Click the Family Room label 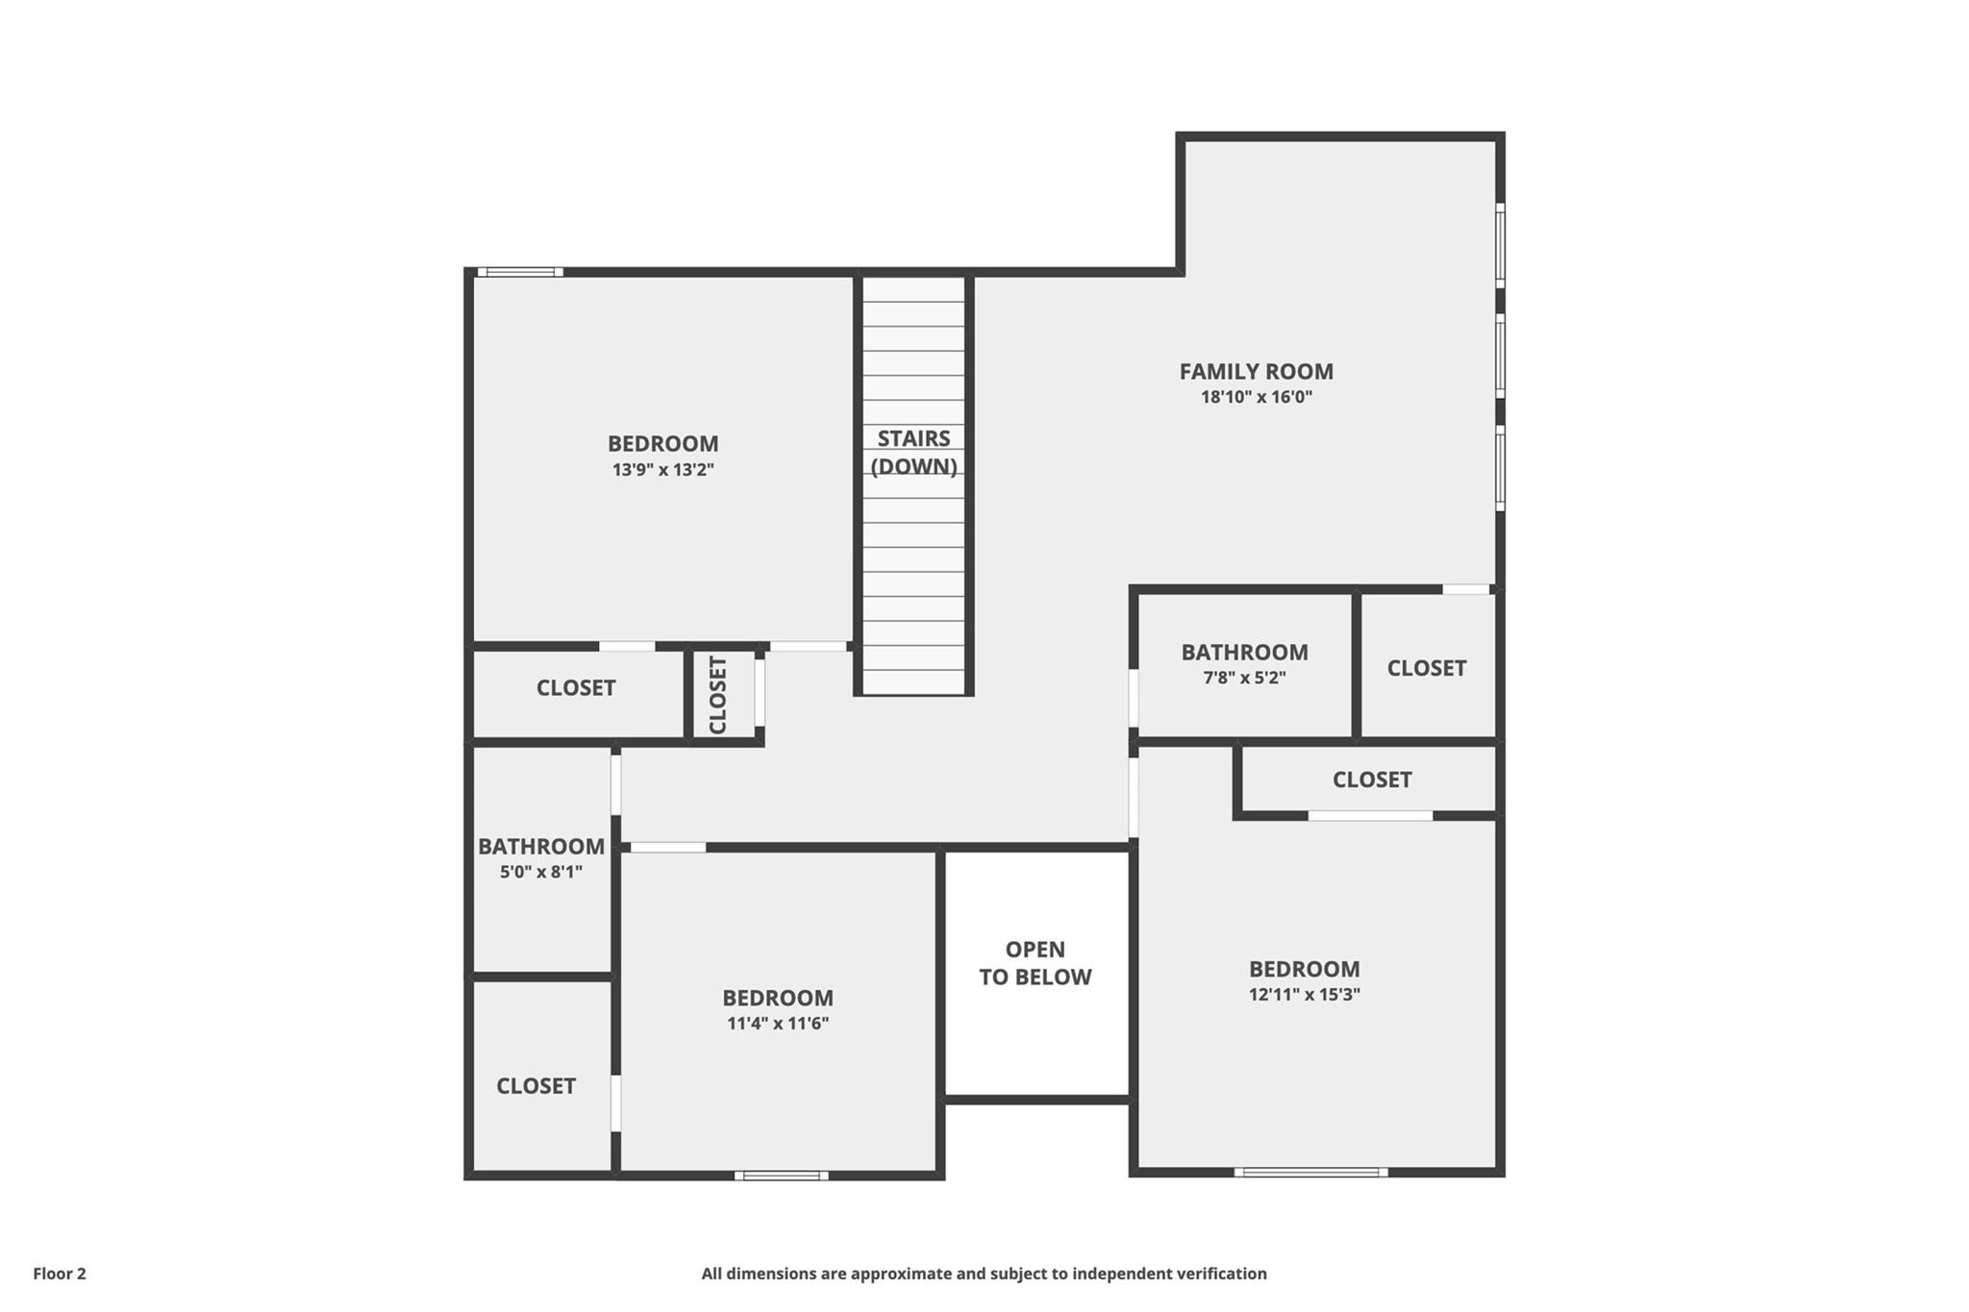point(1256,371)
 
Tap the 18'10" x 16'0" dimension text point(1256,397)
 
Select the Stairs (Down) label point(913,453)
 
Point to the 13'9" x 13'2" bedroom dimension point(663,470)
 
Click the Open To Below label point(1035,963)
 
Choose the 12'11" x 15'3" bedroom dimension point(1305,995)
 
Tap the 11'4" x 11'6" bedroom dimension point(778,1024)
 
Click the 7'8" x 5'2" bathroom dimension point(1244,678)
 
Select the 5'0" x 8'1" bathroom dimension point(541,873)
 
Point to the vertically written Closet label point(718,695)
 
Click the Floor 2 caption point(60,1274)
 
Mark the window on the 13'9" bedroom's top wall point(520,272)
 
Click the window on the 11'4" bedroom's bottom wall point(782,1175)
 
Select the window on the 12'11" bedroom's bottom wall point(1311,1172)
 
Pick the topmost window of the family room point(1500,244)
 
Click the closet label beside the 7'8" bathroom point(1427,668)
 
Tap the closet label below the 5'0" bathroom point(536,1086)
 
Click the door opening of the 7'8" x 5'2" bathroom point(1134,698)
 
